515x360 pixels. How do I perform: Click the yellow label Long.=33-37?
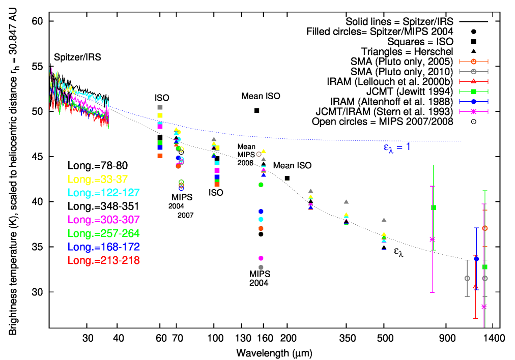[98, 179]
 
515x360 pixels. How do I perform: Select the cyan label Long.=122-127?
[104, 193]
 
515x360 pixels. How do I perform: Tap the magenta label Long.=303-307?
[104, 220]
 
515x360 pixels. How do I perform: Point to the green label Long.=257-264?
[104, 233]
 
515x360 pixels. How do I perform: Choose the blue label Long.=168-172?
[104, 247]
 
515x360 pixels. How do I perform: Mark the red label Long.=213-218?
[104, 260]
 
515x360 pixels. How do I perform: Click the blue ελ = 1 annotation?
[397, 147]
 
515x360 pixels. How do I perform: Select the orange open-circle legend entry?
[473, 62]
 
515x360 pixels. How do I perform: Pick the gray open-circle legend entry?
[473, 72]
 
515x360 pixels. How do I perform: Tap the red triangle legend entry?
[473, 81]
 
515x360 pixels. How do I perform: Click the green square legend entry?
[473, 92]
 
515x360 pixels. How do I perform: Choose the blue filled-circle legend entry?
[473, 102]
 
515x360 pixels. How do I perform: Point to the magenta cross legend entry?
[473, 111]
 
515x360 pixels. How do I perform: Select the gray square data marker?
[160, 107]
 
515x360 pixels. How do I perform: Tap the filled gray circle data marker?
[261, 267]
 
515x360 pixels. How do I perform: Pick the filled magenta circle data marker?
[261, 258]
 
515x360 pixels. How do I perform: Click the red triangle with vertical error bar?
[475, 287]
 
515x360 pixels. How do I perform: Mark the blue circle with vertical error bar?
[476, 259]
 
